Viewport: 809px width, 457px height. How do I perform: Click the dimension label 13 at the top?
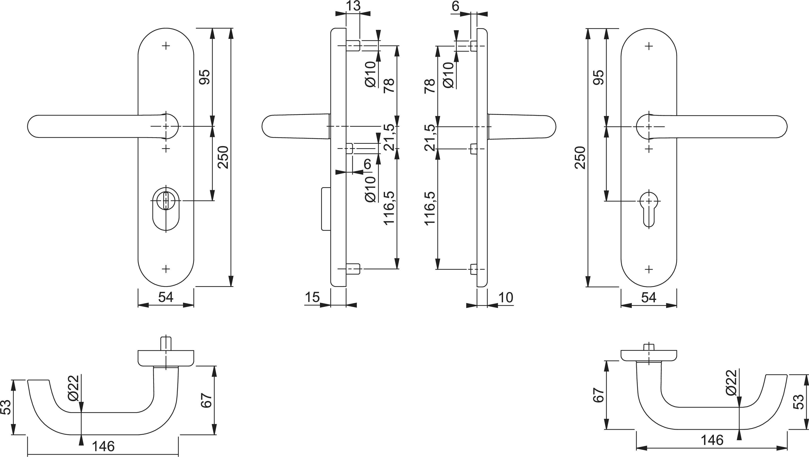(x=353, y=6)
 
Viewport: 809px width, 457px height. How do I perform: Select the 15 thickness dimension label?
(x=312, y=297)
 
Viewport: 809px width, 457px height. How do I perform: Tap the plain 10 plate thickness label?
(x=506, y=297)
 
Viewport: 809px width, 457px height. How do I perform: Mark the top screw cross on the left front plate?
(x=166, y=46)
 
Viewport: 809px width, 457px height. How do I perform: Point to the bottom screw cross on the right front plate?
(x=649, y=269)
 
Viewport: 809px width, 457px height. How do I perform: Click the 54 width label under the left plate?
(x=166, y=297)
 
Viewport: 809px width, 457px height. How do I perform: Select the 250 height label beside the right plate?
(x=581, y=158)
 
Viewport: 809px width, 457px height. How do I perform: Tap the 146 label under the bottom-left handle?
(x=103, y=446)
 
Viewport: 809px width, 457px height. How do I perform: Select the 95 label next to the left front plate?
(x=205, y=77)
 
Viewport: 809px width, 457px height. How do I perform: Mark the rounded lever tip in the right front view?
(x=781, y=126)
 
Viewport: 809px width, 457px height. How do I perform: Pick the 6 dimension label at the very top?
(x=455, y=6)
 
